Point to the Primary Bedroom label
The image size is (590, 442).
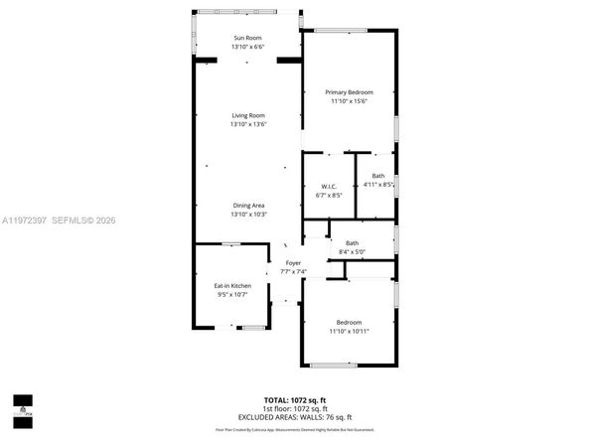click(349, 92)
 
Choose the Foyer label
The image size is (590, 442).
click(293, 263)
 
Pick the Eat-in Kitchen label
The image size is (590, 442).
click(232, 286)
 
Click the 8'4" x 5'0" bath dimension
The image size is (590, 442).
click(352, 252)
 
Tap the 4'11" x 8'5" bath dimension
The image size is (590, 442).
click(378, 185)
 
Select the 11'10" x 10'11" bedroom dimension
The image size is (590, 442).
click(349, 331)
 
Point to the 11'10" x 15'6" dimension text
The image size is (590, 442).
click(349, 101)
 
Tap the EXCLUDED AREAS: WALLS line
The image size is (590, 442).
click(294, 417)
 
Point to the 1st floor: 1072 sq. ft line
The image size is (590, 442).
click(294, 408)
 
